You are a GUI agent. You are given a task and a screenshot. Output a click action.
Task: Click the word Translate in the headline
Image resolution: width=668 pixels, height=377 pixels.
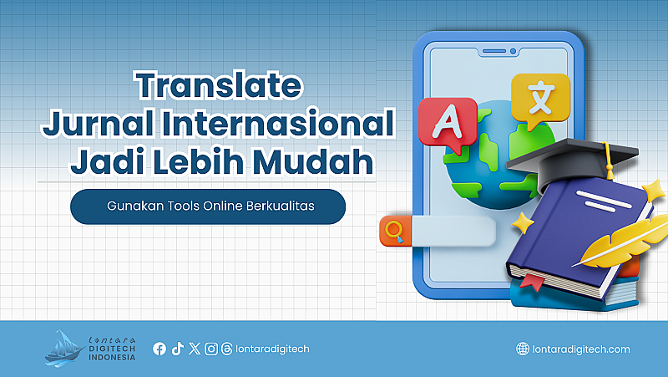(219, 85)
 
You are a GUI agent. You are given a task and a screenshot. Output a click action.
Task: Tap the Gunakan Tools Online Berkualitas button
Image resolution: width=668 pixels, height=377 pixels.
(208, 206)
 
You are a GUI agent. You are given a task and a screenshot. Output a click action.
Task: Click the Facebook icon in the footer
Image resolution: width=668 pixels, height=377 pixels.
(159, 349)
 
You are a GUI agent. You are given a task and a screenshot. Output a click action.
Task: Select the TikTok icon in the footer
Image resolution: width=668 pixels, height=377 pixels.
(177, 349)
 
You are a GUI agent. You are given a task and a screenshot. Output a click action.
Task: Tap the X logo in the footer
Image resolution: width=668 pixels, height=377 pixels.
(195, 349)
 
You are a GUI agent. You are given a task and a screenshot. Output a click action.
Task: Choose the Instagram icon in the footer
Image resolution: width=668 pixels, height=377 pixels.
(211, 349)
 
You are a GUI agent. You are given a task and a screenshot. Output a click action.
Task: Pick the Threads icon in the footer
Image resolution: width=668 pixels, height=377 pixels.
(227, 349)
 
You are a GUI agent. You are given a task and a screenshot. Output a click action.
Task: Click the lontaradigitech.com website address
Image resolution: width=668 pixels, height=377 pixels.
(581, 349)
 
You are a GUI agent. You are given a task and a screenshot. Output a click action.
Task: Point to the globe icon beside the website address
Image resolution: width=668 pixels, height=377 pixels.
(523, 349)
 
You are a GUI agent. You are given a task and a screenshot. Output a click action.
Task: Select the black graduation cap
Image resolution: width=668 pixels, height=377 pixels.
(573, 165)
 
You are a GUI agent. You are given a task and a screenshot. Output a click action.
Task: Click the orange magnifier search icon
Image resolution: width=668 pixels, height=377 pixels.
(395, 232)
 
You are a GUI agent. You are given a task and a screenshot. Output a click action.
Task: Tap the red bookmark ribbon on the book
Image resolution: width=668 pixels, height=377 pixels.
(532, 282)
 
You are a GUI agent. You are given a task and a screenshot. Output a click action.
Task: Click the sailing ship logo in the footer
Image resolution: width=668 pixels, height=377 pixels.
(64, 349)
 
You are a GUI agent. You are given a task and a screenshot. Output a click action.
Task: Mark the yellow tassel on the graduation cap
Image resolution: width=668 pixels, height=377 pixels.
(610, 162)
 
